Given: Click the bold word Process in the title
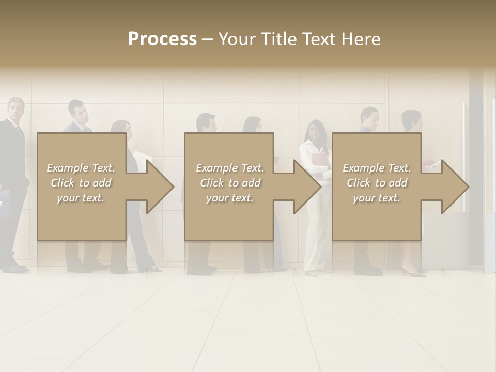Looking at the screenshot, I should pos(162,39).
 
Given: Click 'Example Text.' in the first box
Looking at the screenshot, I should pos(81,168).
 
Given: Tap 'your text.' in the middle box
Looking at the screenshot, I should pos(230,198).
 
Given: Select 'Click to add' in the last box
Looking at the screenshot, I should pos(377,183).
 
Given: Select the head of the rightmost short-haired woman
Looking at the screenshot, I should pos(412,120).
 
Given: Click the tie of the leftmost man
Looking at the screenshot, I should pos(20,132).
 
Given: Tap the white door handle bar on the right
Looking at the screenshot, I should pos(463,155).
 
